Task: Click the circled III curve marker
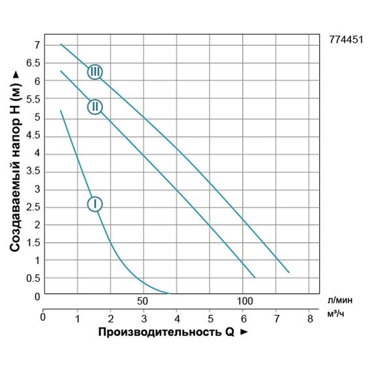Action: pyautogui.click(x=95, y=71)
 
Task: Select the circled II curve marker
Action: pyautogui.click(x=95, y=106)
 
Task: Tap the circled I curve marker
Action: pyautogui.click(x=95, y=204)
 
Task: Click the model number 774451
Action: pyautogui.click(x=346, y=38)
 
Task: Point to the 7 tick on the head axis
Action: pyautogui.click(x=37, y=45)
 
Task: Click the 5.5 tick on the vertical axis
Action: pyautogui.click(x=32, y=99)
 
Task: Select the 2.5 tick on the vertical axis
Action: pyautogui.click(x=32, y=207)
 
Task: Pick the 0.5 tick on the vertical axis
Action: pyautogui.click(x=32, y=279)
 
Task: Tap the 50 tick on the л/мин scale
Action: pyautogui.click(x=143, y=302)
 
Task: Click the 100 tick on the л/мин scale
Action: pyautogui.click(x=243, y=302)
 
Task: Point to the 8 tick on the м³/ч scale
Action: pyautogui.click(x=309, y=318)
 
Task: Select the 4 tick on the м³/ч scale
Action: pyautogui.click(x=177, y=318)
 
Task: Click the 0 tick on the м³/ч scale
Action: pyautogui.click(x=43, y=318)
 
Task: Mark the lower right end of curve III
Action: pyautogui.click(x=288, y=272)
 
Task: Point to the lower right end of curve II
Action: pyautogui.click(x=255, y=277)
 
